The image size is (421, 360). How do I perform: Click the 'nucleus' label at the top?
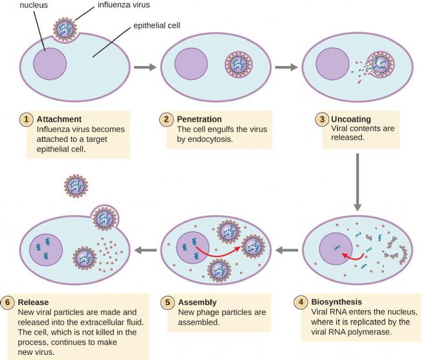(x=34, y=5)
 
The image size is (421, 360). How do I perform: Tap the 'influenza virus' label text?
(x=124, y=5)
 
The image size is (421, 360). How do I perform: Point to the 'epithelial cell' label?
(x=157, y=25)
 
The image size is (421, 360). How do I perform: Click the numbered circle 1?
(x=27, y=119)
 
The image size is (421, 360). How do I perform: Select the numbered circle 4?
(x=301, y=302)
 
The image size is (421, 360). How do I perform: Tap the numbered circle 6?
(x=7, y=302)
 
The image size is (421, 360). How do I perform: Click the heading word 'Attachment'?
(x=59, y=119)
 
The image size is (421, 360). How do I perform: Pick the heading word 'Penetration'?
(x=199, y=119)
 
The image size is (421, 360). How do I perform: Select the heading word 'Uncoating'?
(x=351, y=119)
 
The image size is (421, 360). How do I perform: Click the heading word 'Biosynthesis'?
(x=336, y=302)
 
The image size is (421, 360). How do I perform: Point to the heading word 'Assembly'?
(x=198, y=302)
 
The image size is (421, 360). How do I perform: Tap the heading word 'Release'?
(x=33, y=302)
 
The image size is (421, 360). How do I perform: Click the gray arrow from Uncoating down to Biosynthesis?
(x=357, y=182)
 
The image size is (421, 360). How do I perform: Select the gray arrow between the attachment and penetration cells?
(x=145, y=67)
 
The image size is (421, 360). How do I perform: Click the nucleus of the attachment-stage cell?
(x=50, y=64)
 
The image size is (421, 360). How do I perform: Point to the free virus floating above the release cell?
(x=76, y=186)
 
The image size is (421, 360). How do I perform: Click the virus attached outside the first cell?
(x=65, y=30)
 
